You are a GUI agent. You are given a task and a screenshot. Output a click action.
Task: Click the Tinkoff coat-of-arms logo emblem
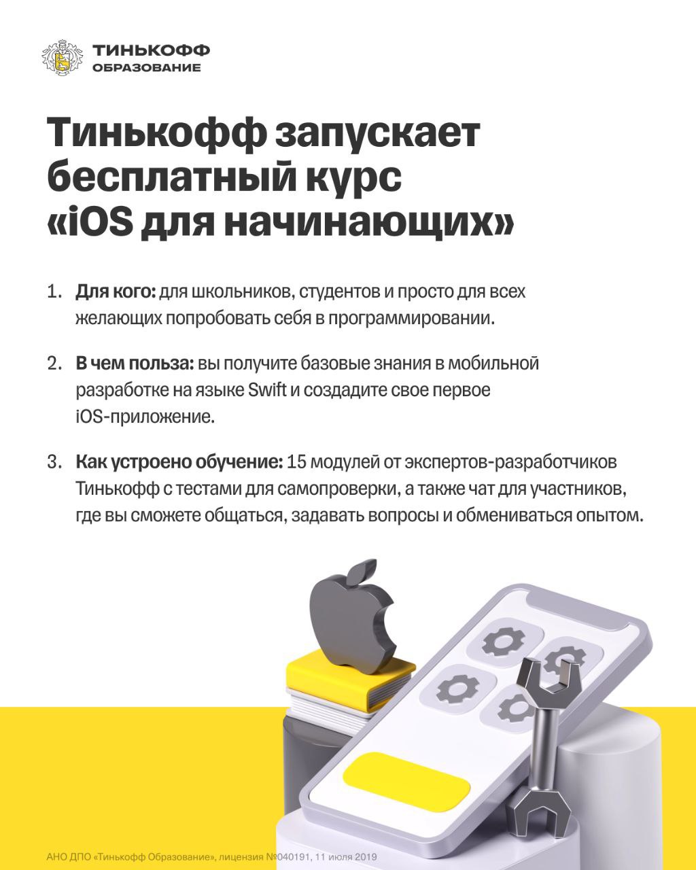tap(63, 58)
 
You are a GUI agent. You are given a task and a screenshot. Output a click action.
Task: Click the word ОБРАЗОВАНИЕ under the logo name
tap(146, 67)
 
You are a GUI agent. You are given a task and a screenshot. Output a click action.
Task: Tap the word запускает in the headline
tap(378, 133)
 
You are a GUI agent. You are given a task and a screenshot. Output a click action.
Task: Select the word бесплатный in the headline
tap(172, 178)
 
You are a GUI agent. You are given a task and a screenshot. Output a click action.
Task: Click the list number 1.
tap(54, 292)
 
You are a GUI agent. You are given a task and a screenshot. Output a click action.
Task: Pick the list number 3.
tap(54, 462)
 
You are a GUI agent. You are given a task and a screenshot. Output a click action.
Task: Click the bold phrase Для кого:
tap(116, 292)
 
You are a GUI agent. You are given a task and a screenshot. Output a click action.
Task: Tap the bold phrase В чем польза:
tap(135, 364)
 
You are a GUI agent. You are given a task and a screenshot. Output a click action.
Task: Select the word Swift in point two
tap(267, 390)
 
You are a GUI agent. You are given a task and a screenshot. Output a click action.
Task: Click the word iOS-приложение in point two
tap(145, 417)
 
